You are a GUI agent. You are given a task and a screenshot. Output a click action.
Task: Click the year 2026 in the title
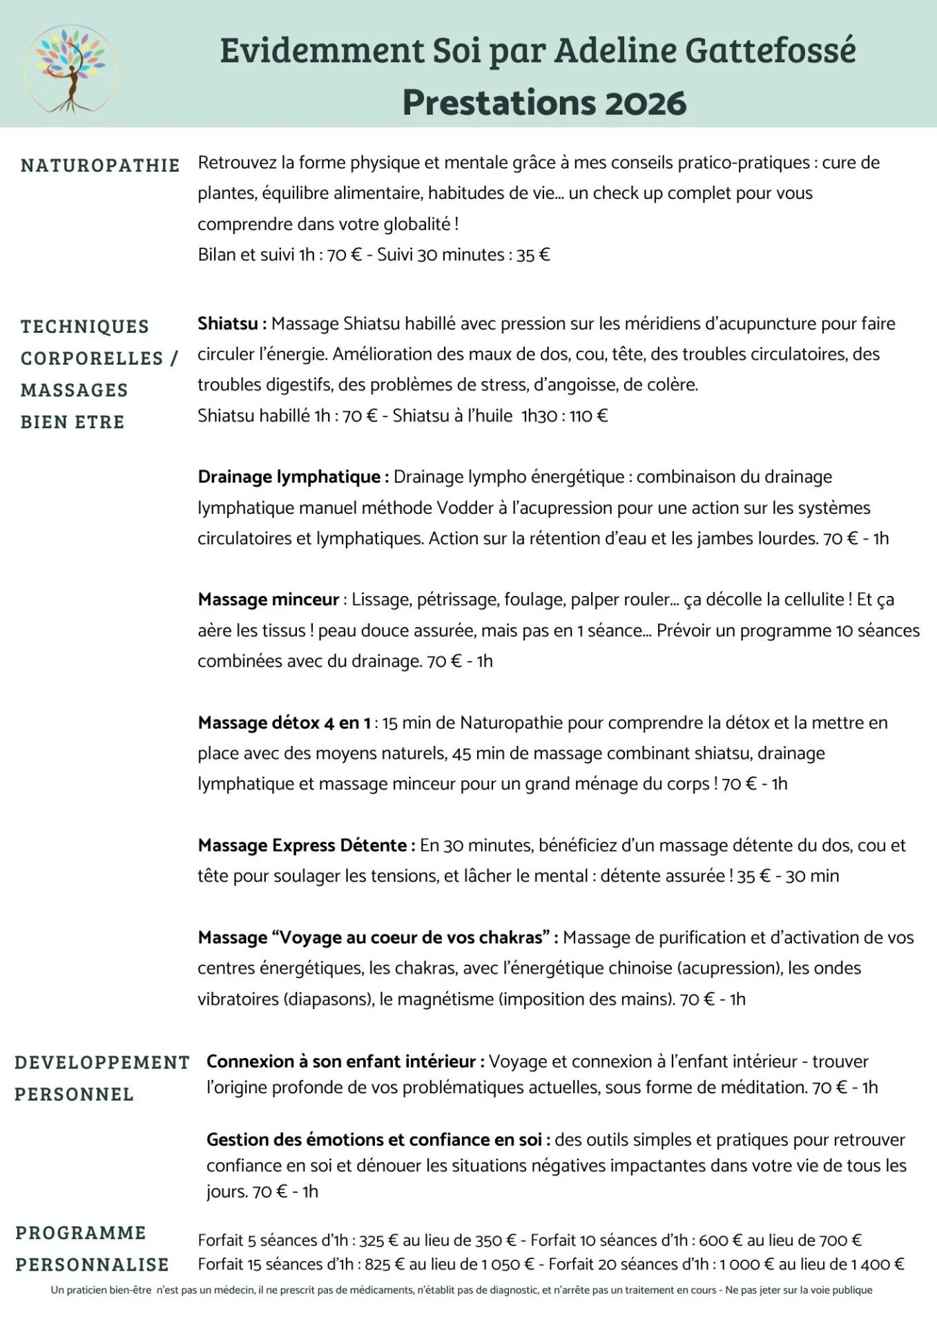pyautogui.click(x=646, y=103)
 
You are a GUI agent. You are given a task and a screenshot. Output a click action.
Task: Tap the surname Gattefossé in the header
pyautogui.click(x=770, y=50)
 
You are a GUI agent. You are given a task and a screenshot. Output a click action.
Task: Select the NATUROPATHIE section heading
pyautogui.click(x=100, y=165)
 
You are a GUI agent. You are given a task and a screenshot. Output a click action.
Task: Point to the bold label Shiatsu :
pyautogui.click(x=232, y=323)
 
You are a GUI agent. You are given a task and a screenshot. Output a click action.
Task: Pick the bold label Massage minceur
pyautogui.click(x=269, y=599)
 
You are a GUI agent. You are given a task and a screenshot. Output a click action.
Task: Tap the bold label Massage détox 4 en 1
pyautogui.click(x=284, y=722)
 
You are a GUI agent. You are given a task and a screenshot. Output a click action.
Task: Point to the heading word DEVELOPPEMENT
pyautogui.click(x=102, y=1062)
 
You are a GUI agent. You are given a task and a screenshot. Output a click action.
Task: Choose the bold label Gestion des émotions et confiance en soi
pyautogui.click(x=378, y=1139)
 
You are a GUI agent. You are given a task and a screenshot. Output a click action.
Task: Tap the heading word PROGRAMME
pyautogui.click(x=81, y=1232)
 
